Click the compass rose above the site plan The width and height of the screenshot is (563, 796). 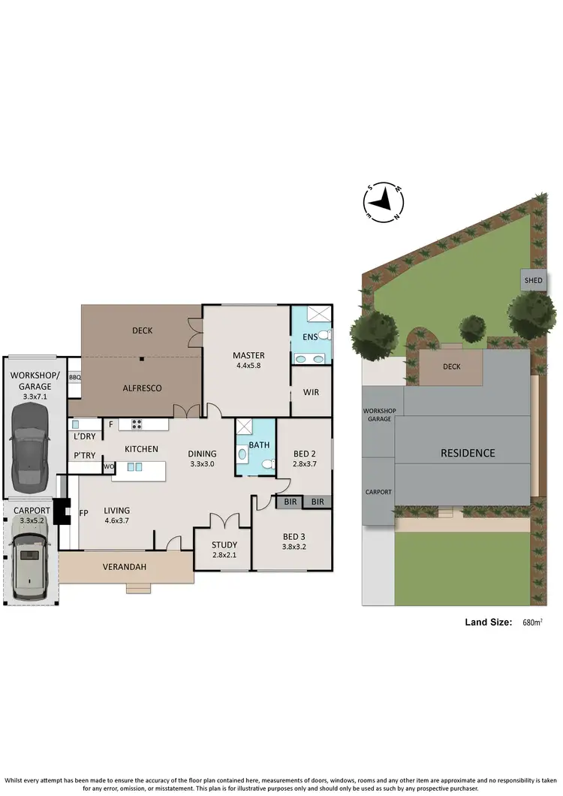pos(384,201)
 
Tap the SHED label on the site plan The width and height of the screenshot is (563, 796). pos(533,280)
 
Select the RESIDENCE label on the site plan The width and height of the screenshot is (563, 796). pos(468,453)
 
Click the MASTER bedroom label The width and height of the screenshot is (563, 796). pos(248,355)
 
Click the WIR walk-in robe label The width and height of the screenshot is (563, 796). pos(312,392)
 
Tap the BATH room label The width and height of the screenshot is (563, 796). pos(260,445)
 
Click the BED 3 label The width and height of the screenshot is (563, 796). pos(293,536)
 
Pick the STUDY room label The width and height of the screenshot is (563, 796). pos(224,544)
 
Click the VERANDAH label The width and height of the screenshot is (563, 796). pos(125,566)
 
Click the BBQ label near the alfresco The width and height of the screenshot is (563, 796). pos(74,378)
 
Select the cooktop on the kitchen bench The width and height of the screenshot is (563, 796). pos(137,424)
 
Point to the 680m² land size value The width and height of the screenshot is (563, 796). pos(531,622)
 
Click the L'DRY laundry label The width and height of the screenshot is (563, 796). pos(84,436)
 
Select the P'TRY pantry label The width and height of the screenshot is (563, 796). pos(83,455)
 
